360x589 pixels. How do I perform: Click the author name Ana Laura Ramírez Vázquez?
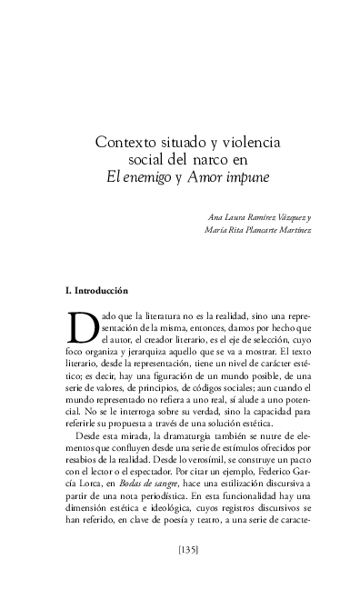pos(258,217)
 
